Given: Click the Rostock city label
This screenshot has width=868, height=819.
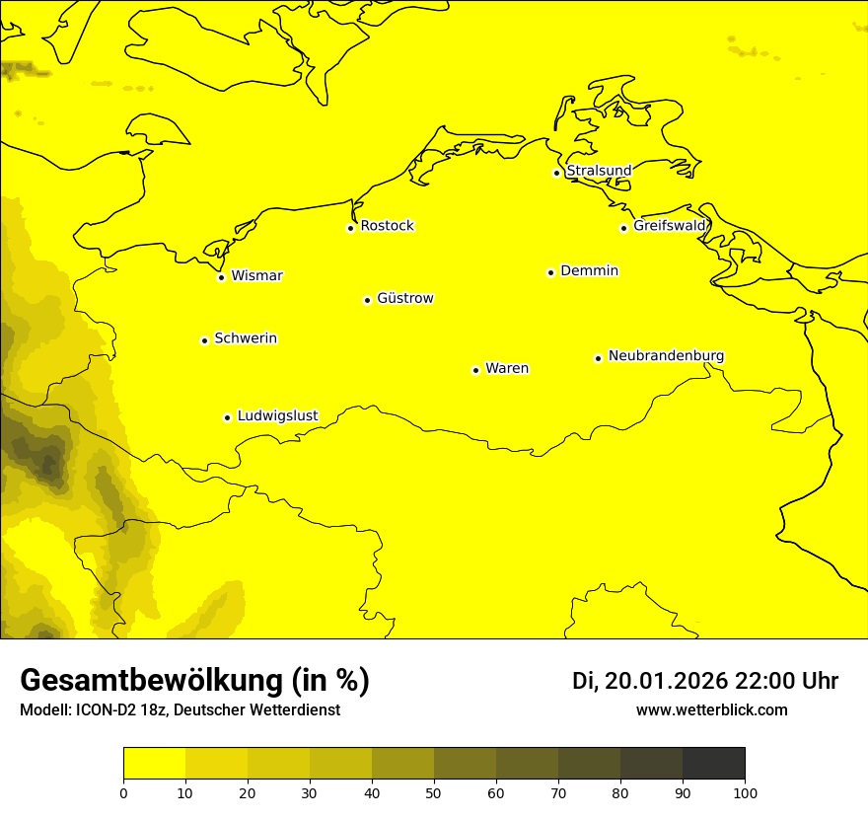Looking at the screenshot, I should pos(387,226).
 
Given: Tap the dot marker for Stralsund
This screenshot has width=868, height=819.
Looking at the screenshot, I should pos(556,173).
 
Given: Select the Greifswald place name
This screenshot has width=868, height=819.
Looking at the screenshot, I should pos(670,226).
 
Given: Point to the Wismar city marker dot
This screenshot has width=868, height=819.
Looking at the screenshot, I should pos(221,277).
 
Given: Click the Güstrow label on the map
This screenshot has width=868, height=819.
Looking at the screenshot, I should pos(404,298).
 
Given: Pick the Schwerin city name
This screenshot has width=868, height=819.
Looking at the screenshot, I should pos(246,338).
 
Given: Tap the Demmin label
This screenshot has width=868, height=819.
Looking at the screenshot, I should pos(589,270).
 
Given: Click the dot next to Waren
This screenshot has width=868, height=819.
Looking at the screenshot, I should pos(475,370).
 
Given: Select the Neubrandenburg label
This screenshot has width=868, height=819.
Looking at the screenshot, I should pos(666,356).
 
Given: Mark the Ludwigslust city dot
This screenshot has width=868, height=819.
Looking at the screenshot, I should pos(227,417).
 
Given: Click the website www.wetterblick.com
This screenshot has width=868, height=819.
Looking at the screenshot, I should pos(711,709).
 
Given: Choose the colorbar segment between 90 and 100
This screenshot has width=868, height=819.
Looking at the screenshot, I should pos(713,764).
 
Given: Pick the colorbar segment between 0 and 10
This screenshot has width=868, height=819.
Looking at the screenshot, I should pos(154,764).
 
